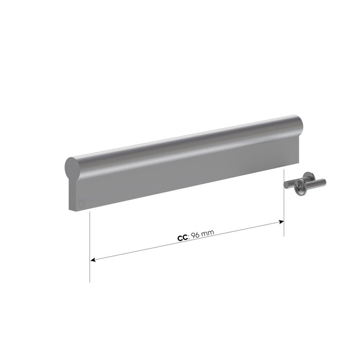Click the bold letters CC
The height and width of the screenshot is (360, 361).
coord(183,238)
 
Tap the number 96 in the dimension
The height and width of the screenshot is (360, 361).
coord(196,236)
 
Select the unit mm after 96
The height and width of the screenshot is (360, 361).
coord(208,232)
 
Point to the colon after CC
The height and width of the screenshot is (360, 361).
coord(189,237)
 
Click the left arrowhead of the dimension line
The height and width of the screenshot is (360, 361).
coord(93,260)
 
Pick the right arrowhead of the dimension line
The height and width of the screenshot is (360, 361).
coord(281,222)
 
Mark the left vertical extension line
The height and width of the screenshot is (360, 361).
coord(90,247)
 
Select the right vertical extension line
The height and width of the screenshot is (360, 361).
coord(284,203)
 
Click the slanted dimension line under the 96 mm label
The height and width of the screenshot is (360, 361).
coord(187,241)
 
